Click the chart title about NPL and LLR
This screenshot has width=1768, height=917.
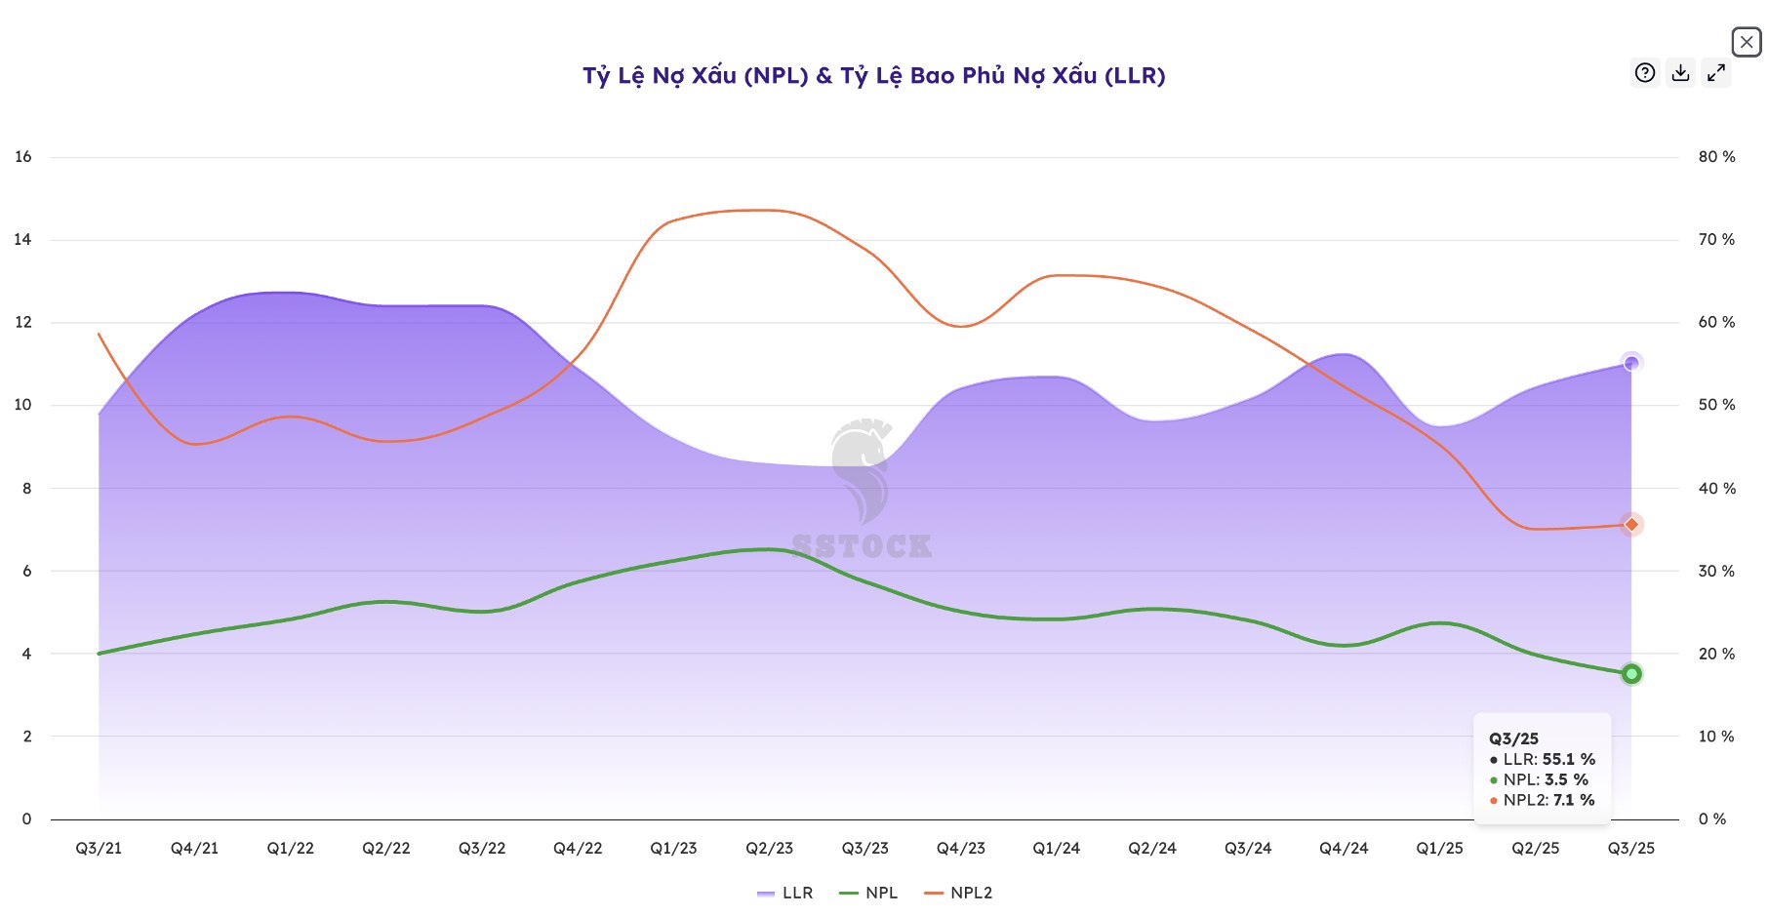pyautogui.click(x=873, y=76)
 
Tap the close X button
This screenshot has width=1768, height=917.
pyautogui.click(x=1746, y=42)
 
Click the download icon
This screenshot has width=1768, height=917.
pyautogui.click(x=1680, y=73)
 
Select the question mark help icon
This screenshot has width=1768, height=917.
pyautogui.click(x=1645, y=73)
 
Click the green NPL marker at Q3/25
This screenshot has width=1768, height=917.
pyautogui.click(x=1631, y=674)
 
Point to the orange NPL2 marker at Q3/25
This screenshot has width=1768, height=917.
pyautogui.click(x=1631, y=525)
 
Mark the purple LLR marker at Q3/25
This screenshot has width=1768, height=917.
pyautogui.click(x=1631, y=363)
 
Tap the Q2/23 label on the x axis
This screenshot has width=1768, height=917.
pyautogui.click(x=769, y=849)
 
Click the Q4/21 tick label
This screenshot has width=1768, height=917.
pyautogui.click(x=194, y=849)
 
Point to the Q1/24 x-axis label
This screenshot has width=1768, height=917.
pyautogui.click(x=1057, y=849)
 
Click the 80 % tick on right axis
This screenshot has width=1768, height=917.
pyautogui.click(x=1716, y=157)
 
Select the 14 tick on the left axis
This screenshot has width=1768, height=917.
pyautogui.click(x=22, y=240)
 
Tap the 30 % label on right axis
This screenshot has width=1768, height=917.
pyautogui.click(x=1716, y=572)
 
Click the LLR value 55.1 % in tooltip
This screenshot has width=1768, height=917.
pyautogui.click(x=1568, y=759)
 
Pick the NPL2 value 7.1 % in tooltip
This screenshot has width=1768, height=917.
pyautogui.click(x=1573, y=800)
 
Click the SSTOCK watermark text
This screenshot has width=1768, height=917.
pyautogui.click(x=862, y=546)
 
